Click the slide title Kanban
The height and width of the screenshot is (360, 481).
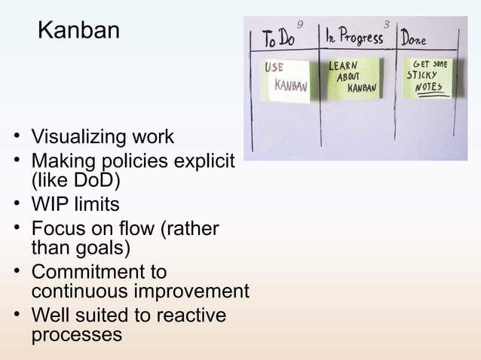78,31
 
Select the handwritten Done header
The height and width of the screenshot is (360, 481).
414,37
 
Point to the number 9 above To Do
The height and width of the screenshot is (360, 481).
301,25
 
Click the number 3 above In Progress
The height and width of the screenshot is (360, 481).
387,25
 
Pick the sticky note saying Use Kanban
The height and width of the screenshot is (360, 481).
286,79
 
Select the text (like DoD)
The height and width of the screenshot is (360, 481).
75,181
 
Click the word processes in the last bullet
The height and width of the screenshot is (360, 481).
76,334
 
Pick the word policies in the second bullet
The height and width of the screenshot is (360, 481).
145,161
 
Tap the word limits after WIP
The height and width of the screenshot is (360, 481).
94,204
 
